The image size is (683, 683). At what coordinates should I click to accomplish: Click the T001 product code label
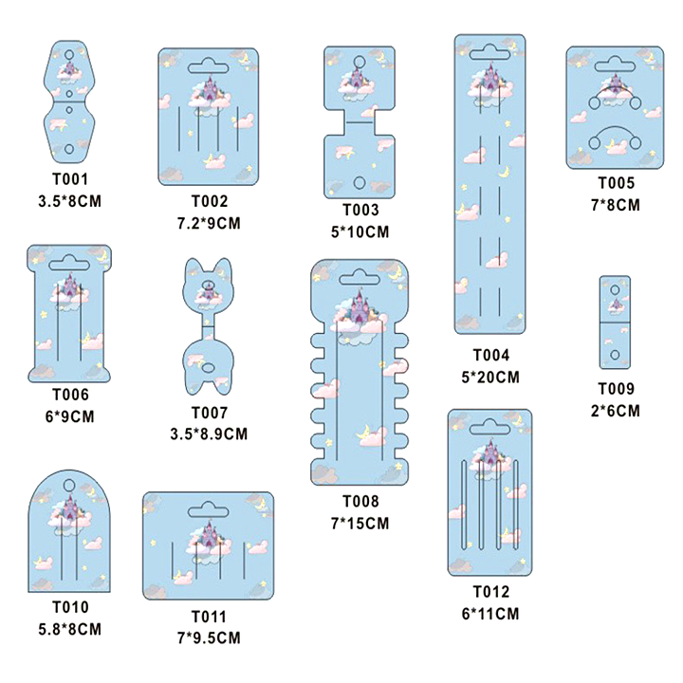[70, 177]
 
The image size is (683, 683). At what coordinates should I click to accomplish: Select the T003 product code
[360, 211]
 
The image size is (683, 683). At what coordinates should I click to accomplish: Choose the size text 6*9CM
[70, 415]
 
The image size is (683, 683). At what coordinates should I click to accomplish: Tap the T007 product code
[210, 413]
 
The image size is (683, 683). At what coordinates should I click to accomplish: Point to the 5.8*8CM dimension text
[70, 628]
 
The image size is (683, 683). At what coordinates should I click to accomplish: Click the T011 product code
[210, 616]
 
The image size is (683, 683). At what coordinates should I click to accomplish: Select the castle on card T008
[360, 309]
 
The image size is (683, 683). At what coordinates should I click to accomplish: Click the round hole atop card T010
[69, 484]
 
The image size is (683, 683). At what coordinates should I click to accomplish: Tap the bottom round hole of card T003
[359, 181]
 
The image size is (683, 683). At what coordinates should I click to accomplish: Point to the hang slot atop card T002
[209, 67]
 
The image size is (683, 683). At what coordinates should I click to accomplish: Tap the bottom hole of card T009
[615, 354]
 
